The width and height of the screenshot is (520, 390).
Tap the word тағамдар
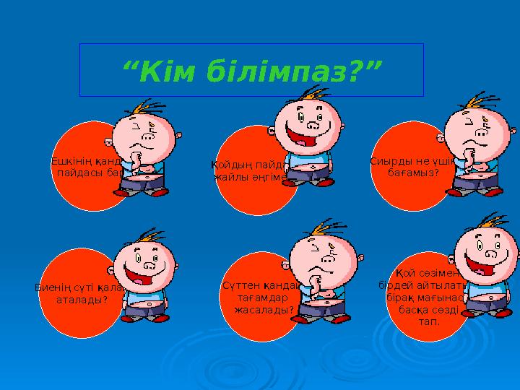coord(263,298)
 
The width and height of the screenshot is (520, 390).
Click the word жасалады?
coord(264,309)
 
